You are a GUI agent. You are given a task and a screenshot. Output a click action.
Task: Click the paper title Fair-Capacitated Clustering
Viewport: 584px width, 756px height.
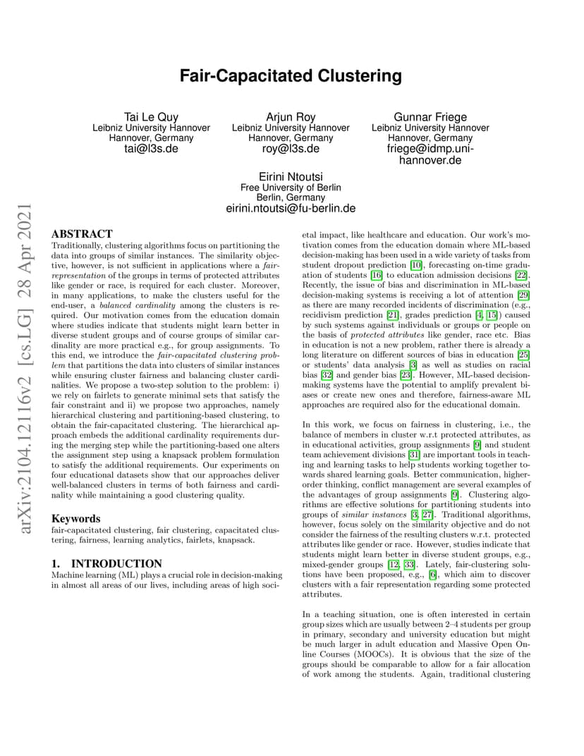[291, 75]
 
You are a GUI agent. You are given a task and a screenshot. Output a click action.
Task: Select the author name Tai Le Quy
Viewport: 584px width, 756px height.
[151, 117]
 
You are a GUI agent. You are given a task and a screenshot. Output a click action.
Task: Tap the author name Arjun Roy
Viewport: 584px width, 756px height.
[291, 117]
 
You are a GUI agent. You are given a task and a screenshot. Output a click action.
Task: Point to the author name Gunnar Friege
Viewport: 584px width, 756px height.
[430, 117]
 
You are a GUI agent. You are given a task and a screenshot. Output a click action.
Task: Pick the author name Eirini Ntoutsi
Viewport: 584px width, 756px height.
[291, 176]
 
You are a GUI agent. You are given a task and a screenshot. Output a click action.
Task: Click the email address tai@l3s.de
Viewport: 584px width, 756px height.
[151, 149]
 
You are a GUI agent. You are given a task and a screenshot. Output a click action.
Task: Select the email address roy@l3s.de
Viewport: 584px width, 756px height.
[291, 149]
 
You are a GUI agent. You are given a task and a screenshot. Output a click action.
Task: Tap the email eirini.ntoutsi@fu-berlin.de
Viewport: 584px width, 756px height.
[291, 209]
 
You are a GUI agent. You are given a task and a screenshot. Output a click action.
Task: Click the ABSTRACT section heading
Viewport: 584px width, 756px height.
[82, 233]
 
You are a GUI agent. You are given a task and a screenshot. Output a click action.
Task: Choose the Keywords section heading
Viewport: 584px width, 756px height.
[76, 518]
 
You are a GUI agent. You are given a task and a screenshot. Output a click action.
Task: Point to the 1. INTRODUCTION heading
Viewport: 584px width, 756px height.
[107, 563]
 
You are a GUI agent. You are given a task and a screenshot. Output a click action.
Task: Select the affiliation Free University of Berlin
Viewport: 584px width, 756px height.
[291, 188]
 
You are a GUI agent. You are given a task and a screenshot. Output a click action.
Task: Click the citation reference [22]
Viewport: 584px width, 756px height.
[522, 274]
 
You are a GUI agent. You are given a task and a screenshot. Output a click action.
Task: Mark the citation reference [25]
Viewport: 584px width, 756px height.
[523, 353]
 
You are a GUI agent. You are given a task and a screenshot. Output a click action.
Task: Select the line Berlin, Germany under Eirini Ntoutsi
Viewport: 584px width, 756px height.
[291, 198]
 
